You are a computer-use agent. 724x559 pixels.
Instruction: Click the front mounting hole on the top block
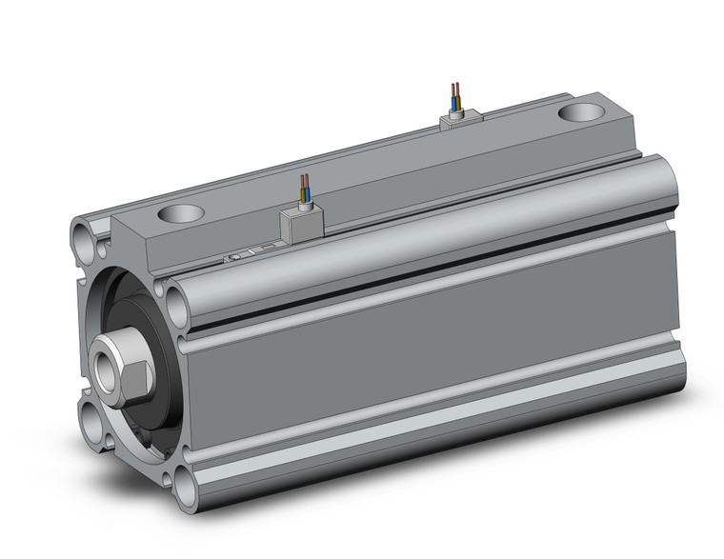182,213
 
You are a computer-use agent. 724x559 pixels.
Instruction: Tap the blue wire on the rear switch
452,95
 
